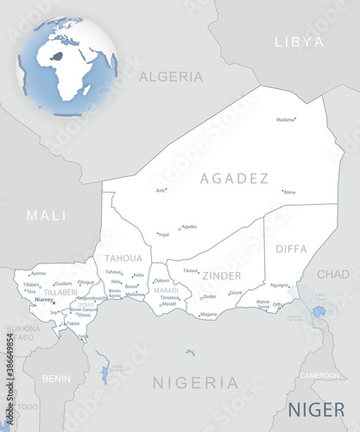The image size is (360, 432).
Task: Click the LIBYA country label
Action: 298,41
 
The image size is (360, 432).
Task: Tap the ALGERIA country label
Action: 170,76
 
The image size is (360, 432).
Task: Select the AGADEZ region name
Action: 234,179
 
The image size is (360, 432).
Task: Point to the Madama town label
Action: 286,120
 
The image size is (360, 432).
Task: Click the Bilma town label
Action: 289,192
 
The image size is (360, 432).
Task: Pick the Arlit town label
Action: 161,190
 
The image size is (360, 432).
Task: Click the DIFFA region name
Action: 291,249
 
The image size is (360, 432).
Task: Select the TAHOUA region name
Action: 123,258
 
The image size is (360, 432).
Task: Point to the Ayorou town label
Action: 39,274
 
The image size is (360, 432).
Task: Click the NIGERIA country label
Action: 195,381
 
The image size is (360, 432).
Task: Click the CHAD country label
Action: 332,274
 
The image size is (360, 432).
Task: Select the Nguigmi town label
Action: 280,285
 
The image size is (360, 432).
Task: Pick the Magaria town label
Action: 208,314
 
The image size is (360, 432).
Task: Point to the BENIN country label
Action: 57,378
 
